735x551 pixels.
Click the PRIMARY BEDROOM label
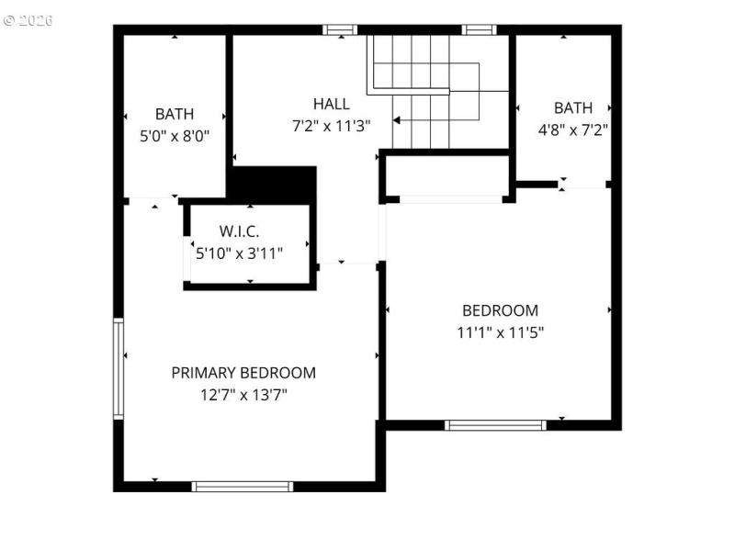click(x=243, y=373)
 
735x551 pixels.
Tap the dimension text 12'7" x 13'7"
click(x=243, y=396)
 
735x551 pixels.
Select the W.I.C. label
click(x=244, y=231)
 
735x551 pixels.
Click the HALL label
click(x=331, y=104)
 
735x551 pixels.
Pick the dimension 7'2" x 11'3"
click(x=331, y=126)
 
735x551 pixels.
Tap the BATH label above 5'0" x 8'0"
click(x=175, y=114)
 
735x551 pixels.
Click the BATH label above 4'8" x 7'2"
click(x=573, y=107)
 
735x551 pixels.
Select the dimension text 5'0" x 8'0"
click(x=174, y=136)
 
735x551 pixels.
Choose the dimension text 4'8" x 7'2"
click(x=573, y=129)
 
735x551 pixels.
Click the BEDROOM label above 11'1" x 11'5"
click(x=500, y=310)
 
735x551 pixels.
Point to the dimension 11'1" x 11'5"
click(x=500, y=332)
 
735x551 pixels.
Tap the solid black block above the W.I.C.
click(x=273, y=182)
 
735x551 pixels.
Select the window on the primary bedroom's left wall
click(x=119, y=368)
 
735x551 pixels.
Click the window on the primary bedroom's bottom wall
click(x=243, y=486)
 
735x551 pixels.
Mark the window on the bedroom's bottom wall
click(x=495, y=425)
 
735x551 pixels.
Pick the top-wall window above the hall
click(x=340, y=29)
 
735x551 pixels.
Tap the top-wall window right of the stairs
click(x=479, y=29)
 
